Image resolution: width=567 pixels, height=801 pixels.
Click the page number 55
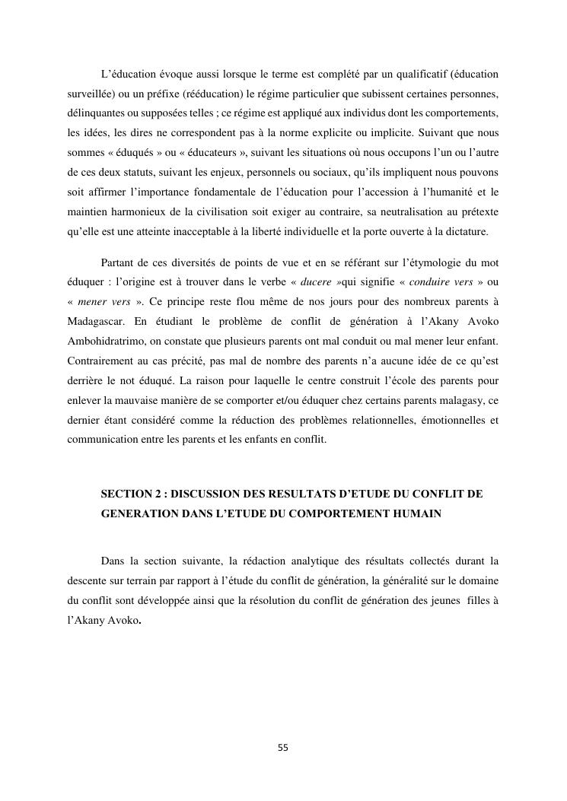click(x=283, y=748)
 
